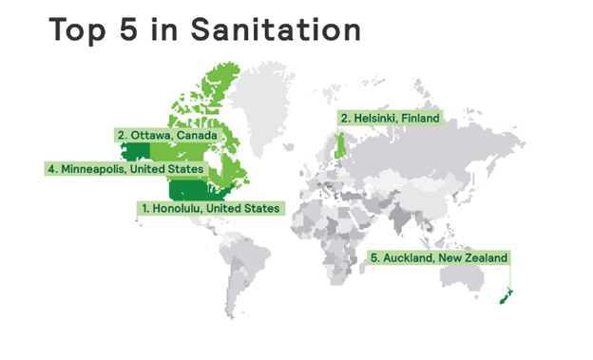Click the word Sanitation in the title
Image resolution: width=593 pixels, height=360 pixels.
coord(276,29)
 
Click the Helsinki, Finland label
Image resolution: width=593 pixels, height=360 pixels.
coord(390,118)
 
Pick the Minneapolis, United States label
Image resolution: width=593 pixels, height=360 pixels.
coord(124,169)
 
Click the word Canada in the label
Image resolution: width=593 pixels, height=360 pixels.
coord(199,135)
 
